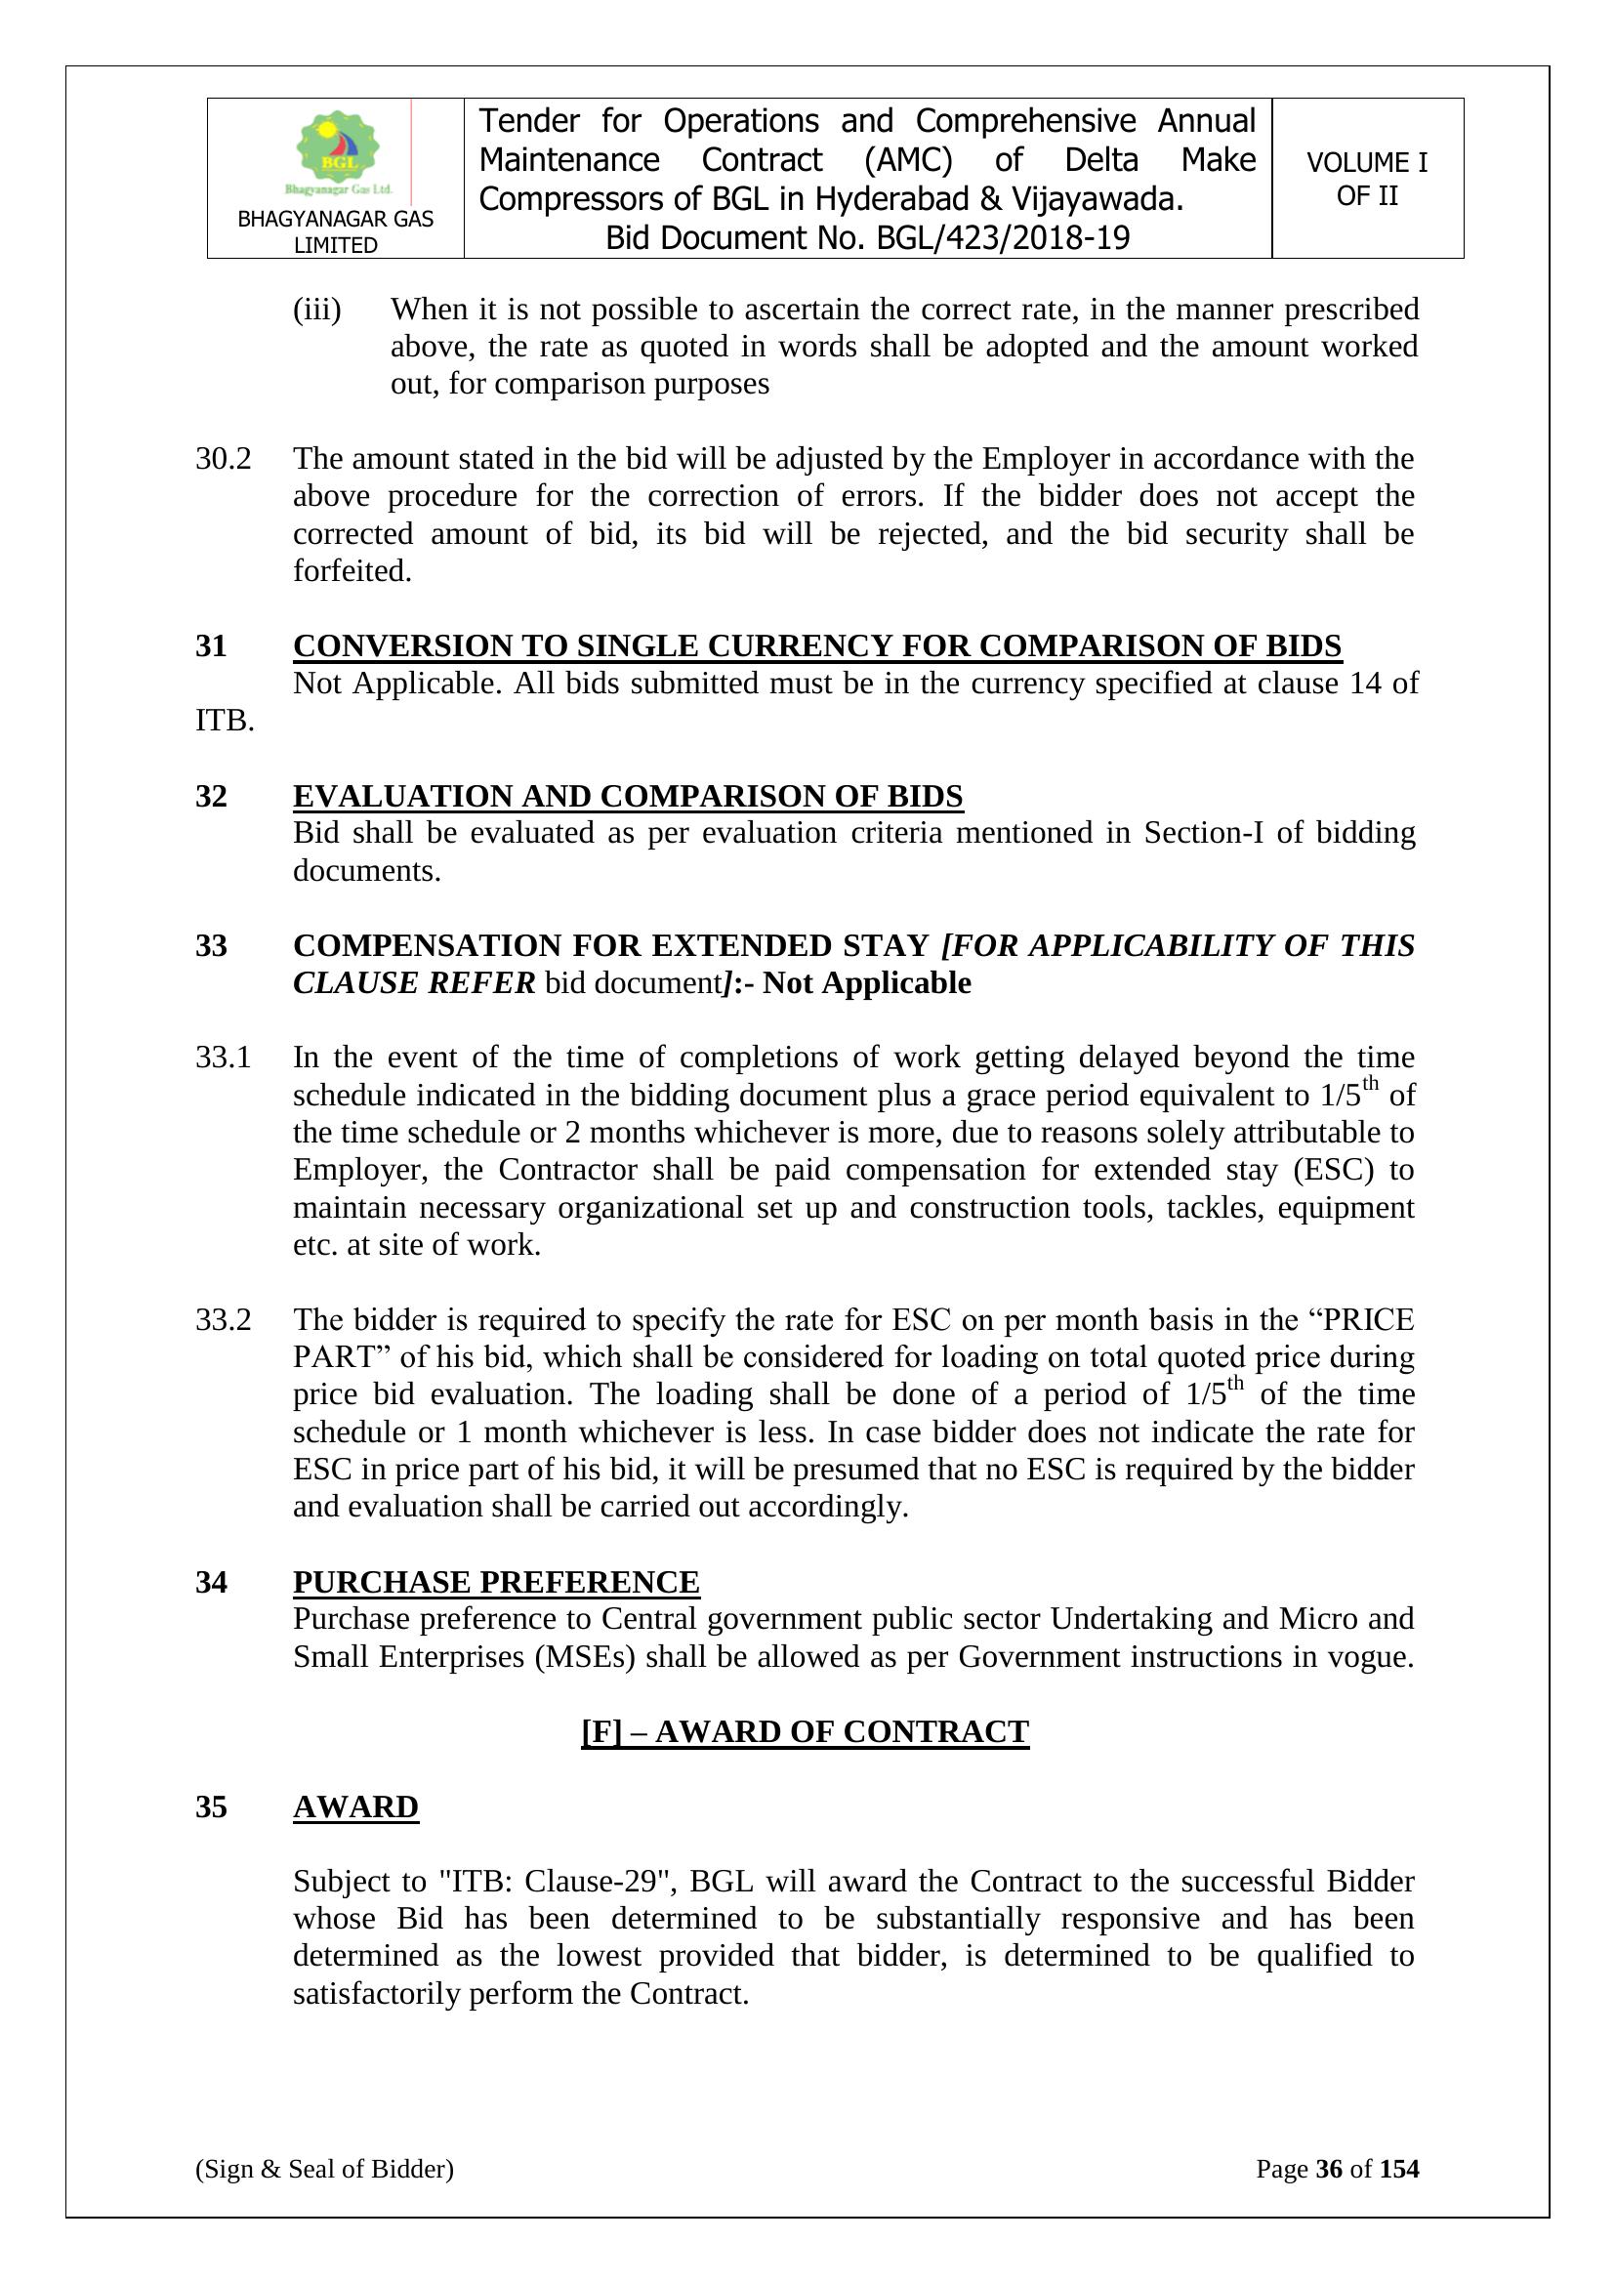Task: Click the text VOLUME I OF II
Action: pos(1366,179)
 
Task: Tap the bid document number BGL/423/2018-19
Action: pos(1003,238)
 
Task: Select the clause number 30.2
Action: pos(223,459)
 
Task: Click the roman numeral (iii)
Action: pos(316,311)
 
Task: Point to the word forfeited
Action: pos(352,572)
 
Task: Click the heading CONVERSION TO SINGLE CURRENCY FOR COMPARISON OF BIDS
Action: pos(816,646)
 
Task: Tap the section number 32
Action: pos(211,797)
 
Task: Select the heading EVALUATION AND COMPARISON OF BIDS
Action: pos(628,797)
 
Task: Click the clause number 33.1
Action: pos(223,1057)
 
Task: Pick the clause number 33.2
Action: pos(223,1320)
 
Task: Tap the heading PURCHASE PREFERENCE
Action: pos(496,1582)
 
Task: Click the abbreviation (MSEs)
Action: pos(585,1657)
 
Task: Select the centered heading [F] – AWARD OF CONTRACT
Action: pos(805,1732)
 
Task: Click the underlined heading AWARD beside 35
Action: pos(355,1806)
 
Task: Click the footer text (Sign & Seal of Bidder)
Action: pos(324,2169)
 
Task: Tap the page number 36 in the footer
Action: pos(1329,2169)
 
